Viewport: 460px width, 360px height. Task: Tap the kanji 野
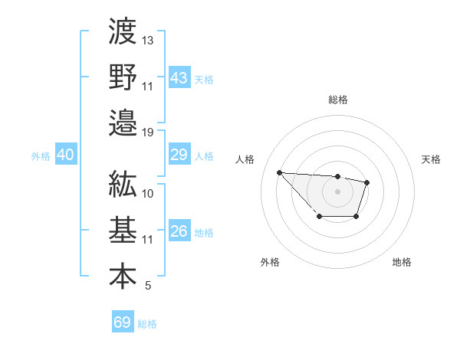point(123,76)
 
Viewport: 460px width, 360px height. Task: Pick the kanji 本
point(123,277)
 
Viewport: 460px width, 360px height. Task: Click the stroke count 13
point(148,39)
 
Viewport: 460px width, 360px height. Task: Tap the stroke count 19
point(148,133)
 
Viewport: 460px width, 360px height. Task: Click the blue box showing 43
point(179,77)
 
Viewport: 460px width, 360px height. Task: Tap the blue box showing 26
point(179,231)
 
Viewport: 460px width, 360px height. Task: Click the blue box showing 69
point(123,322)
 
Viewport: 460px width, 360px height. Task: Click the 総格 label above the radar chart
point(338,100)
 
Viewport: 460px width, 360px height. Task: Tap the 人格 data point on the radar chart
point(279,172)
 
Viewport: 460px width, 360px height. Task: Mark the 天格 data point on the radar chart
point(367,182)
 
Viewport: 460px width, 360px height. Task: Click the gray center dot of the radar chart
point(338,191)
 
